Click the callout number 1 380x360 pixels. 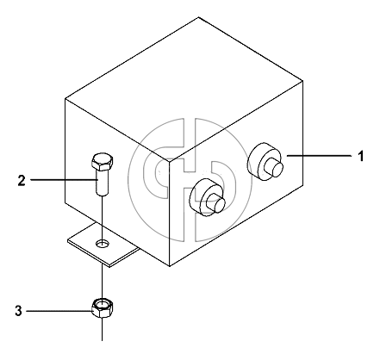(x=360, y=157)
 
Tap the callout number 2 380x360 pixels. (x=22, y=181)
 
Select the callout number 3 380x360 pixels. (x=18, y=311)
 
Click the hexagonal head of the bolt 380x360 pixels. (x=102, y=162)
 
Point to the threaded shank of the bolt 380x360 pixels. (x=102, y=183)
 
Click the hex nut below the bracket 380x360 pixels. (x=102, y=308)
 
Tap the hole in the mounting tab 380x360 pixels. (x=103, y=244)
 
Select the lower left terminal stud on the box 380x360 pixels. (x=208, y=197)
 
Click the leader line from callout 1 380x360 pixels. (x=319, y=156)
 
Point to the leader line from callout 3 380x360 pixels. (x=59, y=311)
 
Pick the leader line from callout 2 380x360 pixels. (x=63, y=180)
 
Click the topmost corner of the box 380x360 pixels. (x=198, y=17)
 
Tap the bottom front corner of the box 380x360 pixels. (x=170, y=266)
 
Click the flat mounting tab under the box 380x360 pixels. (x=103, y=244)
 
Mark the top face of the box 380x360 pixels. (x=184, y=88)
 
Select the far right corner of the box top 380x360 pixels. (x=302, y=81)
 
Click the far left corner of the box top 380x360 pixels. (x=65, y=99)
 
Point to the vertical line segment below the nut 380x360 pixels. (x=102, y=329)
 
